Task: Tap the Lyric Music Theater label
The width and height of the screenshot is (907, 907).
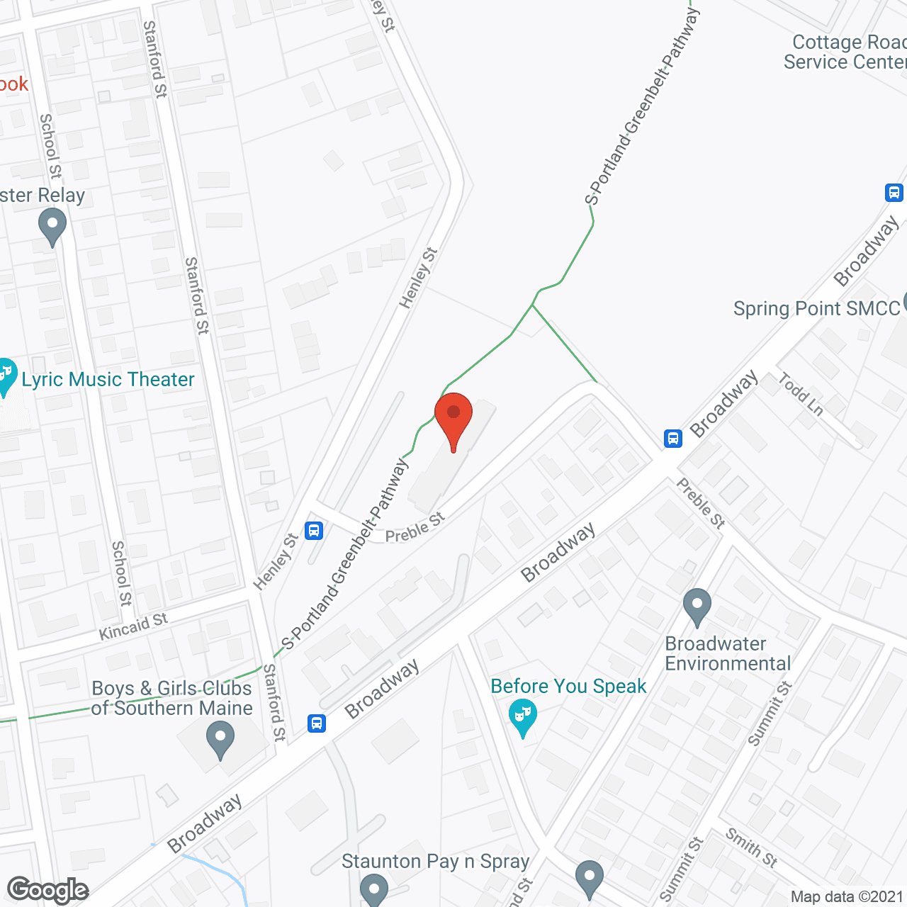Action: click(108, 380)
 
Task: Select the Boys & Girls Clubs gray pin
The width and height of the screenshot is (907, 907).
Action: click(220, 738)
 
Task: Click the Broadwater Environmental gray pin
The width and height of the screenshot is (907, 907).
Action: click(697, 607)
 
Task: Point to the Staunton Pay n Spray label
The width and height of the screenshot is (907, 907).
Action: click(435, 862)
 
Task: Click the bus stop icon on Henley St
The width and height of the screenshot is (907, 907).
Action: click(314, 530)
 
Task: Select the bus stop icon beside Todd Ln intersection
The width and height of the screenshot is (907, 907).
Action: click(673, 439)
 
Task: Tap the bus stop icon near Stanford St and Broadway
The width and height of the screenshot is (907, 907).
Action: click(317, 723)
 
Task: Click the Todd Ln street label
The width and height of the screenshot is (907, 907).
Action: click(801, 395)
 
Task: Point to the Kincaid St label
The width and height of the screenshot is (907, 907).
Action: click(133, 626)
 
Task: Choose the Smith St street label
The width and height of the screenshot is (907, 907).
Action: click(752, 847)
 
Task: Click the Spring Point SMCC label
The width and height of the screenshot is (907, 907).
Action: click(816, 309)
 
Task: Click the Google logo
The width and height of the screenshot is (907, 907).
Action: click(48, 890)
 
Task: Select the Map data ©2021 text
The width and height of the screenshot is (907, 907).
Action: click(847, 897)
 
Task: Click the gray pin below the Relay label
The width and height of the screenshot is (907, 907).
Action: click(52, 228)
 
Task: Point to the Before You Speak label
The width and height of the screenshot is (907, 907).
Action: click(568, 687)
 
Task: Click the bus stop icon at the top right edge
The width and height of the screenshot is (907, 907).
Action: click(894, 192)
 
